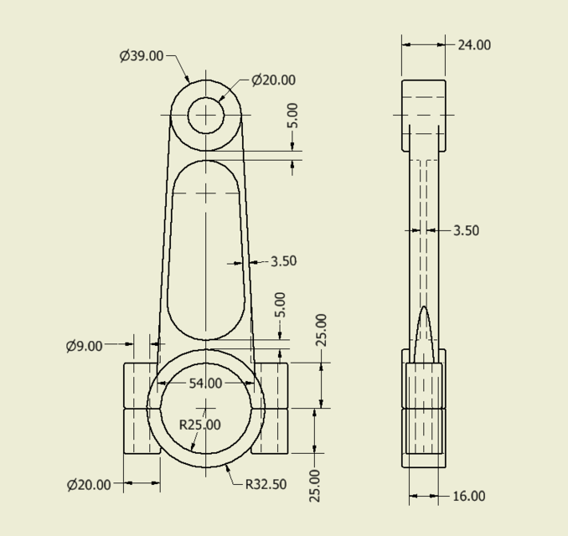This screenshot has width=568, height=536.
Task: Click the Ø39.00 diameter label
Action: tap(141, 56)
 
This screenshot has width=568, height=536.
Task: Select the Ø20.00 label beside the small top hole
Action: tap(273, 80)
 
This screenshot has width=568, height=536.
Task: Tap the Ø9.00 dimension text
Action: tap(84, 346)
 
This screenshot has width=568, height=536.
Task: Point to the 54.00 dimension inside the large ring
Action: tap(205, 384)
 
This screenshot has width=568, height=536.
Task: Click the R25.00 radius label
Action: tap(200, 425)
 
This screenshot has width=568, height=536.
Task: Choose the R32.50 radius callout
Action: tap(266, 484)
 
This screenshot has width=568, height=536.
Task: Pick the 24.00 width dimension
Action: tap(474, 45)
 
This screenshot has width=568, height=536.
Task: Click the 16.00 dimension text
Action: tap(468, 496)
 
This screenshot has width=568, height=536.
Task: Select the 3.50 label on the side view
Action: tap(466, 230)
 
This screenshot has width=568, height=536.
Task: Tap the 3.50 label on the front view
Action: tap(283, 261)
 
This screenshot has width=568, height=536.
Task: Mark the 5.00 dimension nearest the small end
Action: tap(292, 116)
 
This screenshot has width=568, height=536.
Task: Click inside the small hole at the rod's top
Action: tap(206, 116)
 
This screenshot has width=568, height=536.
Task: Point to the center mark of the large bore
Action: tap(206, 408)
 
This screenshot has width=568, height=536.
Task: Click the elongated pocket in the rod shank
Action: tap(206, 251)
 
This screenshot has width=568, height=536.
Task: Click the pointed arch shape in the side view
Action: tap(424, 335)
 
